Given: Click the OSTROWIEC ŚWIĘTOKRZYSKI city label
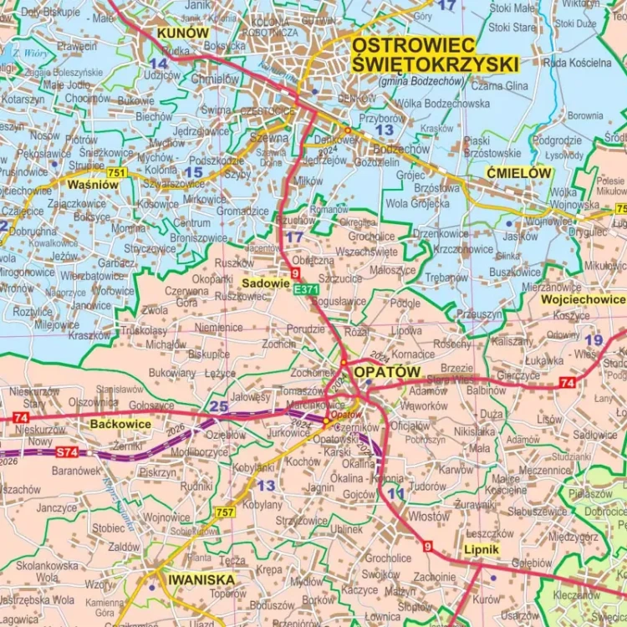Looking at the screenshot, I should point(435,54).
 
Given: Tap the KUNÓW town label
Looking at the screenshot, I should point(182,33).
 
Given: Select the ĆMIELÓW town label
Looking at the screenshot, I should point(518,173).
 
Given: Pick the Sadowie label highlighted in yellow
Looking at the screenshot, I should point(265,283).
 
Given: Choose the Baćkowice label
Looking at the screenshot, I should point(120,424).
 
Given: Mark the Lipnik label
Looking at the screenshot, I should point(481,549).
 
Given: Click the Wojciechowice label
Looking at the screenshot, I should point(583,299).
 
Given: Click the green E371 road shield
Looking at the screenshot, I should point(306,288).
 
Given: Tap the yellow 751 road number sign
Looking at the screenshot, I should point(117,173).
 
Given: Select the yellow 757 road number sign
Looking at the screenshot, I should point(225,512).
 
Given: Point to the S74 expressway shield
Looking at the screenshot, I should point(67,452).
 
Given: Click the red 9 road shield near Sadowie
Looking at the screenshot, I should point(295,273).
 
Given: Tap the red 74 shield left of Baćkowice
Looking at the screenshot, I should point(21,417).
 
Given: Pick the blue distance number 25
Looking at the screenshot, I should point(219,406).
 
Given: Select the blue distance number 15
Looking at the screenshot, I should point(193,172).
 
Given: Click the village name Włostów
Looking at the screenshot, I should point(429,517).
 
